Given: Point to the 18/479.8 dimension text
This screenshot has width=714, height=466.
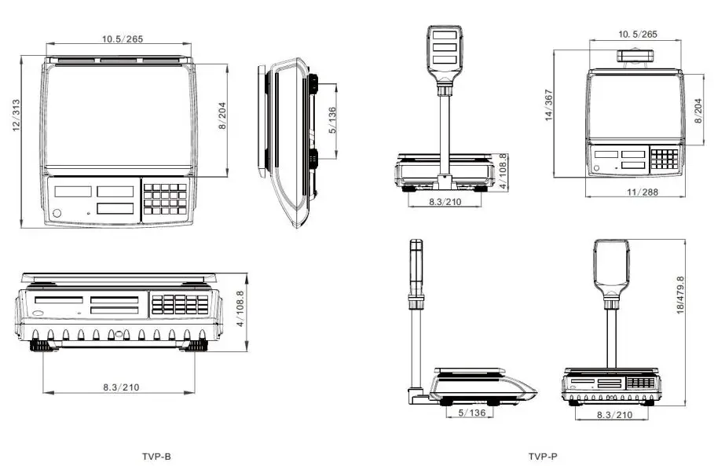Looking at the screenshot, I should pyautogui.click(x=681, y=295).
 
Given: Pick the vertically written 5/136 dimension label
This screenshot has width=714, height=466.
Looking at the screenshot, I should pyautogui.click(x=333, y=120).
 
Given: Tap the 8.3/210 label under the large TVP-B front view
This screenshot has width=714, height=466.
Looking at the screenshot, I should pyautogui.click(x=121, y=387).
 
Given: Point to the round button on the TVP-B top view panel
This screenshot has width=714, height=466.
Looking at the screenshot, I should pyautogui.click(x=57, y=214).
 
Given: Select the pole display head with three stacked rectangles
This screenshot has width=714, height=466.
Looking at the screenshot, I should pyautogui.click(x=444, y=50).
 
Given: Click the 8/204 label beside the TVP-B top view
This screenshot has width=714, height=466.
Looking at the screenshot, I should pyautogui.click(x=222, y=116).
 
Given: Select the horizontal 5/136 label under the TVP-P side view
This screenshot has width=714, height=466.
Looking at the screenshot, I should pyautogui.click(x=471, y=413).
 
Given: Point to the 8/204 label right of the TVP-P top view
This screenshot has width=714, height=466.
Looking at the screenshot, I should pyautogui.click(x=698, y=110).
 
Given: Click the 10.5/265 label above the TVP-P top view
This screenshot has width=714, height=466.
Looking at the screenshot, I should pyautogui.click(x=637, y=35).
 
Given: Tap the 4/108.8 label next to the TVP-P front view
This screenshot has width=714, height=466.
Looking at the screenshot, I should pyautogui.click(x=503, y=171).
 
